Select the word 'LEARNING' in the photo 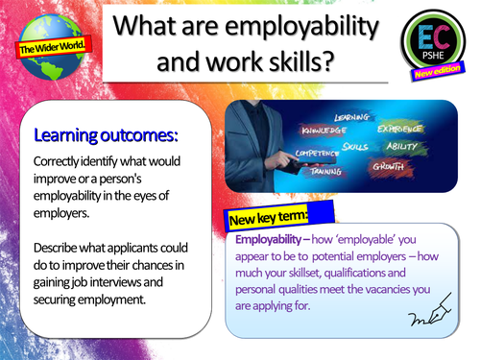point(349,117)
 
